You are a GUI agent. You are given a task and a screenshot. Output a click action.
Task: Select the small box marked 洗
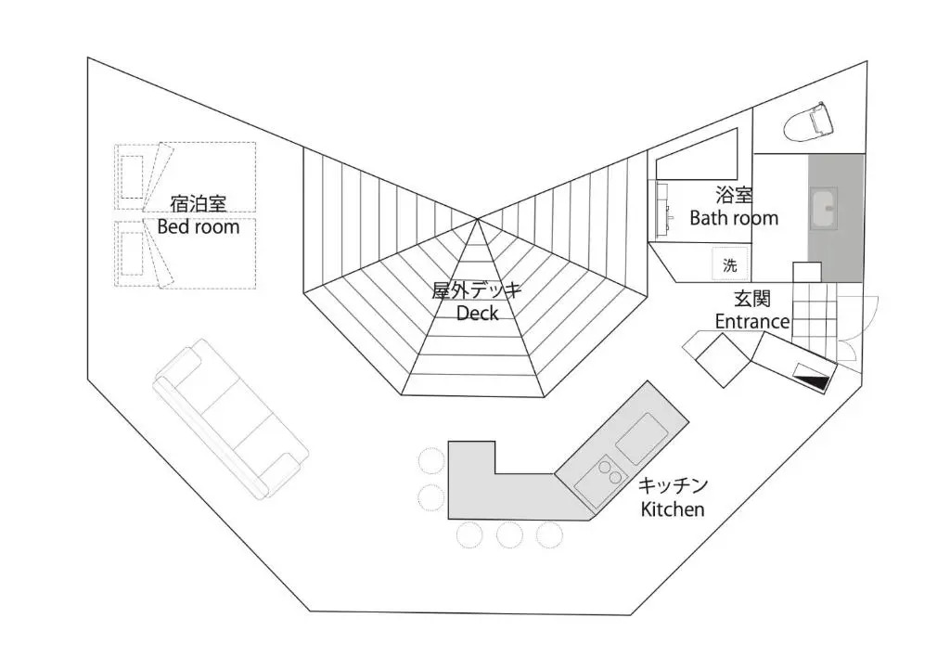730,264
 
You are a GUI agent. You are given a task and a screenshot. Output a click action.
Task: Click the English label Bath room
734,218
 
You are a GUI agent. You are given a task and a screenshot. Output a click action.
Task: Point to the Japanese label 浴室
734,196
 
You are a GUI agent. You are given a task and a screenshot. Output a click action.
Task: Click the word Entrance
752,321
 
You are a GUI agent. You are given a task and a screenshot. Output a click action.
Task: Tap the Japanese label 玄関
751,299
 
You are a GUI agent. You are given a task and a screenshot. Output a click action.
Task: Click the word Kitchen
673,508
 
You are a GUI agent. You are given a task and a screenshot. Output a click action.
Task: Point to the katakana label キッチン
674,486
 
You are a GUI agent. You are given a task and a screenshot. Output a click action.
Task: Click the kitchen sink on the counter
641,438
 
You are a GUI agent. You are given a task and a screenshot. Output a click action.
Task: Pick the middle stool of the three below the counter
509,534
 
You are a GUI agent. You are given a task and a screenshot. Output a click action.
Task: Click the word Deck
477,313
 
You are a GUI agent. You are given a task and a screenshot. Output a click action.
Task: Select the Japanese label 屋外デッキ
477,290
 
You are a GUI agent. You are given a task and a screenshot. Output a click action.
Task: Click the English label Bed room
198,226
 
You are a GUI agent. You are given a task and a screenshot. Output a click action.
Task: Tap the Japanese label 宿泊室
198,203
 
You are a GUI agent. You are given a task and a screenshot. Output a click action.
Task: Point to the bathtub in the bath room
698,154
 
